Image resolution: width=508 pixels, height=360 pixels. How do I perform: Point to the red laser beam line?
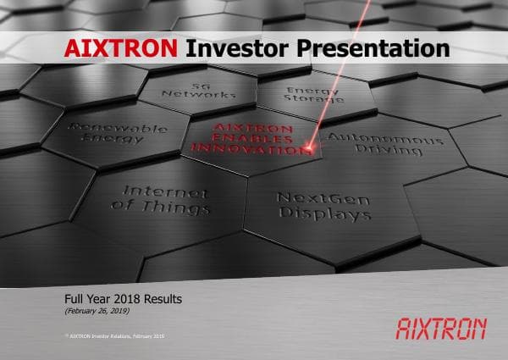(339, 68)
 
